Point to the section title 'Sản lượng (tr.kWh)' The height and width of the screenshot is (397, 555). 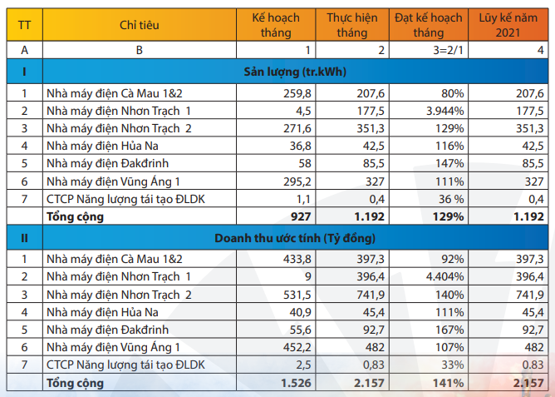294,71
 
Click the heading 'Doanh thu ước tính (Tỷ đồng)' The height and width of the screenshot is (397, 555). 294,238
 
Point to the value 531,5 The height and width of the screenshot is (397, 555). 297,295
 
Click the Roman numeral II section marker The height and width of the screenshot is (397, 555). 24,238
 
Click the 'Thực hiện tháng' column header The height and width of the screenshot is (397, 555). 352,25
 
